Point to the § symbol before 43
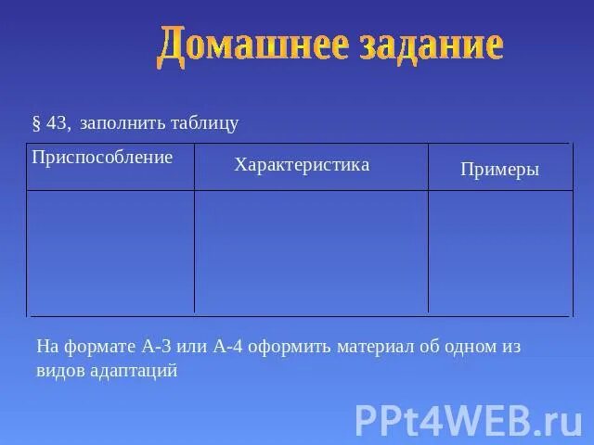click(36, 123)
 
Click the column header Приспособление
click(102, 157)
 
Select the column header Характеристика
click(302, 165)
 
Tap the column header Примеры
click(499, 170)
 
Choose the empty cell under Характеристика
click(311, 251)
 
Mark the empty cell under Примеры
click(498, 251)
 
